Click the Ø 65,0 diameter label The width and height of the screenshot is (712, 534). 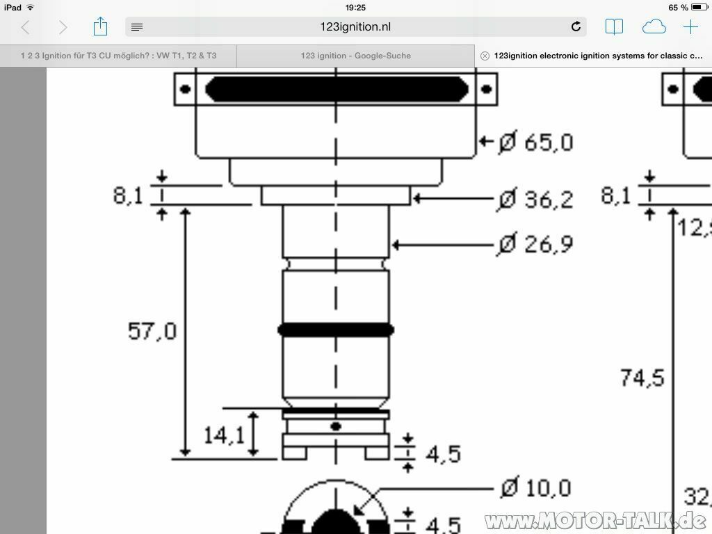(x=536, y=143)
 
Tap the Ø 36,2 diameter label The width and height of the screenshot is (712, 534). (x=536, y=200)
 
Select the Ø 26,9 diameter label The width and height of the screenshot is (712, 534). (x=536, y=245)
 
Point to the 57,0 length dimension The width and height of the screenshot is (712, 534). (x=152, y=331)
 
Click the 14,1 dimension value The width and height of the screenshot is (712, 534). (x=224, y=436)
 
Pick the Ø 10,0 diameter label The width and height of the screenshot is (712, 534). (x=536, y=488)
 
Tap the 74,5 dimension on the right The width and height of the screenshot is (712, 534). (x=642, y=378)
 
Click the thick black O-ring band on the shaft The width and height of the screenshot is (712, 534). (x=336, y=330)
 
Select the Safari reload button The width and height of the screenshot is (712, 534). (x=576, y=27)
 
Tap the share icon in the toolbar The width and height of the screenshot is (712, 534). (x=100, y=27)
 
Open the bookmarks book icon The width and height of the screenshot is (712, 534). (x=614, y=27)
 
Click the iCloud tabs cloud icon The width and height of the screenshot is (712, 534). (x=654, y=27)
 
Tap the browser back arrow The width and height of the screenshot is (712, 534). (x=26, y=27)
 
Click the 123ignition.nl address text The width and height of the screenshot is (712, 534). (x=356, y=27)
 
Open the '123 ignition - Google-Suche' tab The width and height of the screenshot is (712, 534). (x=355, y=56)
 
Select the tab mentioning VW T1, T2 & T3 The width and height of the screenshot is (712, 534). (x=118, y=56)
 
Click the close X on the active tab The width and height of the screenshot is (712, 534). (x=485, y=56)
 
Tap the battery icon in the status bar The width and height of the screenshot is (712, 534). (x=699, y=8)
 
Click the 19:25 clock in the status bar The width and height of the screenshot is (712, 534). (x=355, y=8)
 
